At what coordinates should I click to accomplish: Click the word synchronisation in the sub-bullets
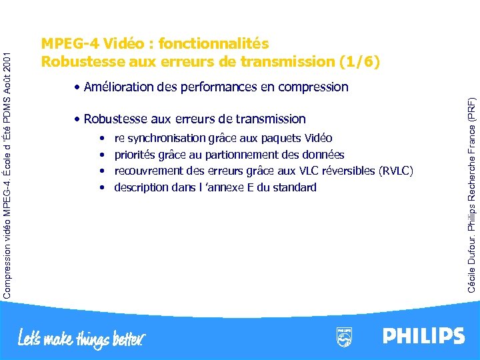pos(167,139)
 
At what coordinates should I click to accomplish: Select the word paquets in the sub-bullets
pos(281,139)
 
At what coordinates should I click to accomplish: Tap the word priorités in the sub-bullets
pos(135,155)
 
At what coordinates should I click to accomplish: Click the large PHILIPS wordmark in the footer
pos(423,335)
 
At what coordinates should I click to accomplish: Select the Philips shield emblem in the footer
pos(344,337)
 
